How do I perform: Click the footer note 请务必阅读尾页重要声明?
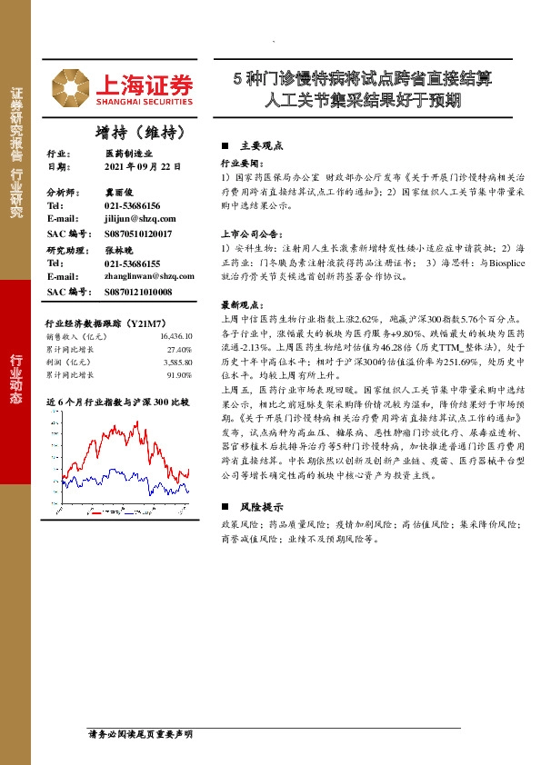pos(139,733)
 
